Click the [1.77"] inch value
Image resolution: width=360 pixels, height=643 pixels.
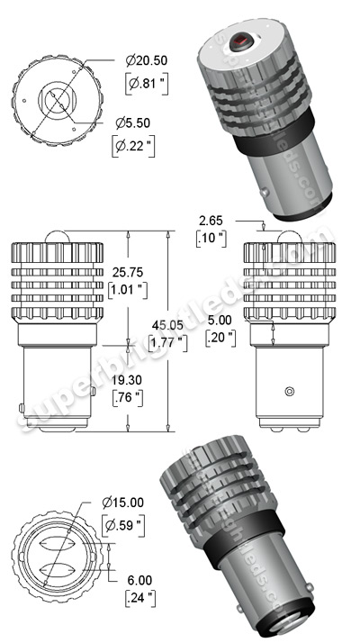point(168,343)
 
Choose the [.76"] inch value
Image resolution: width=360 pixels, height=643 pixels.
point(127,399)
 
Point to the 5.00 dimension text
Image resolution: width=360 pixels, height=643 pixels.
point(220,319)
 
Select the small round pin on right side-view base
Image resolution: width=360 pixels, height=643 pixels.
point(288,391)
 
